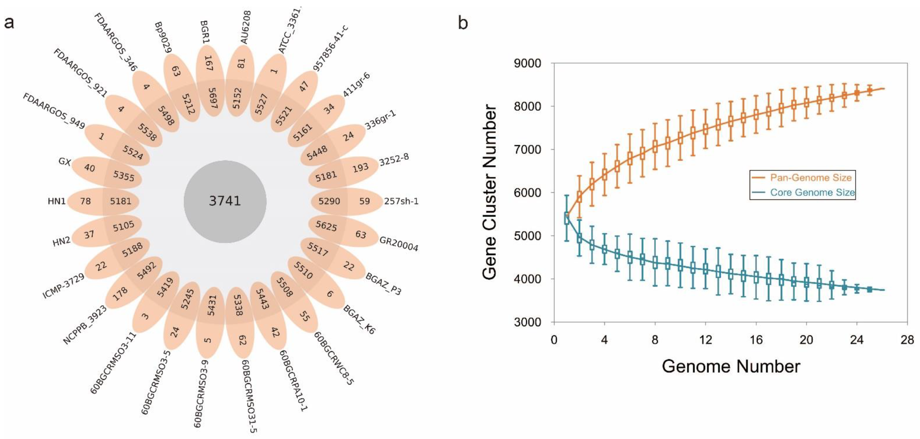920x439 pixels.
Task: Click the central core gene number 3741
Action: pos(225,201)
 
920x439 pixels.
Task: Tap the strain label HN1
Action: pos(56,201)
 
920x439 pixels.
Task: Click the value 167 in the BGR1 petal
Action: pos(209,63)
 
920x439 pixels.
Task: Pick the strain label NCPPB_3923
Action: pos(85,325)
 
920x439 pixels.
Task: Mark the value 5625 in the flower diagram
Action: pos(326,226)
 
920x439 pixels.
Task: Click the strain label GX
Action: pos(65,162)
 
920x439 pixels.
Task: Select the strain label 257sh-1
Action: pos(401,201)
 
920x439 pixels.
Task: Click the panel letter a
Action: pos(9,23)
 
